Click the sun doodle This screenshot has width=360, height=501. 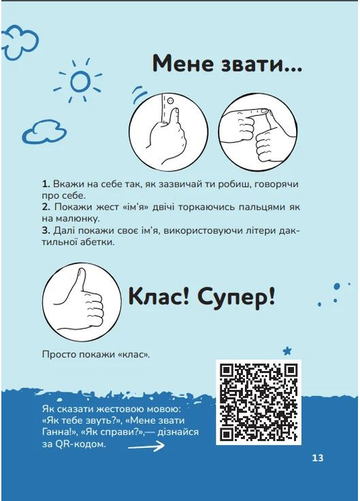(x=80, y=82)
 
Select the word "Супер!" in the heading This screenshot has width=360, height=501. (x=238, y=297)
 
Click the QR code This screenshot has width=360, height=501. (x=258, y=402)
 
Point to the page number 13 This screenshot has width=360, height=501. (x=317, y=458)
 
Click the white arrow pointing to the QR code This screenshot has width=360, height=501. (x=146, y=447)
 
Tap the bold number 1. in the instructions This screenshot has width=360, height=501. (x=46, y=184)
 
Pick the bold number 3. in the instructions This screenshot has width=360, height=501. (x=46, y=230)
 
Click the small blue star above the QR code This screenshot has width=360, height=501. (x=288, y=350)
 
